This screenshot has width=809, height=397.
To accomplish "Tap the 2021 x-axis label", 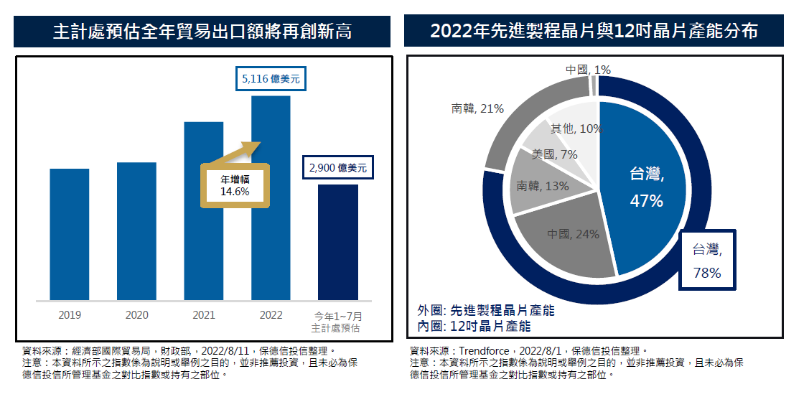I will pyautogui.click(x=204, y=315).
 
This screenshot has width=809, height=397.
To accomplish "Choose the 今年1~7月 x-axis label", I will pyautogui.click(x=338, y=315).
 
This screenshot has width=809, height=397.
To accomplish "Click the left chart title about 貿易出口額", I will pyautogui.click(x=202, y=32).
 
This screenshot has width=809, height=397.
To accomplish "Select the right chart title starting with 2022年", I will pyautogui.click(x=594, y=32).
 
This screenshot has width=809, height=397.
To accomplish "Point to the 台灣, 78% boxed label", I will pyautogui.click(x=707, y=261).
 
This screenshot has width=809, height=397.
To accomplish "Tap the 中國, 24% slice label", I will pyautogui.click(x=573, y=234).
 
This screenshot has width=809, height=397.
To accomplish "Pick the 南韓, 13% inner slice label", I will pyautogui.click(x=543, y=186).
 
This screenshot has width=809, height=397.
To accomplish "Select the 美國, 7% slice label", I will pyautogui.click(x=555, y=154).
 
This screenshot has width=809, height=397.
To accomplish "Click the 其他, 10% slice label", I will pyautogui.click(x=576, y=129).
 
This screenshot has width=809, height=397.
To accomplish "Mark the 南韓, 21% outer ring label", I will pyautogui.click(x=477, y=108).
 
